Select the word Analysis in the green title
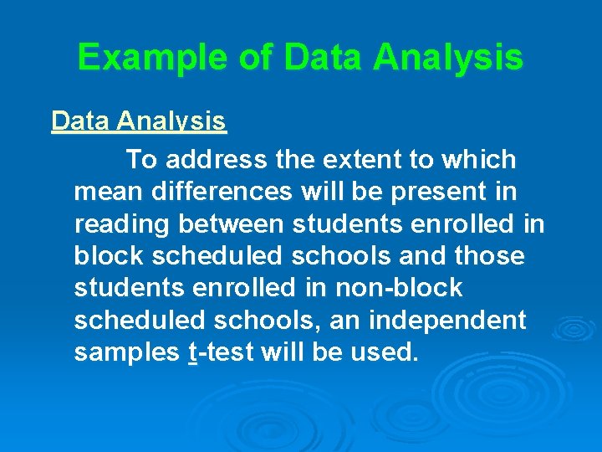(x=448, y=58)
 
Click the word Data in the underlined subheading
(x=81, y=121)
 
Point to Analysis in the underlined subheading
(x=172, y=121)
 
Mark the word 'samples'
(x=126, y=352)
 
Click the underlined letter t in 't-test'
(x=193, y=352)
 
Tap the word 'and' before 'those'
(x=420, y=255)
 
